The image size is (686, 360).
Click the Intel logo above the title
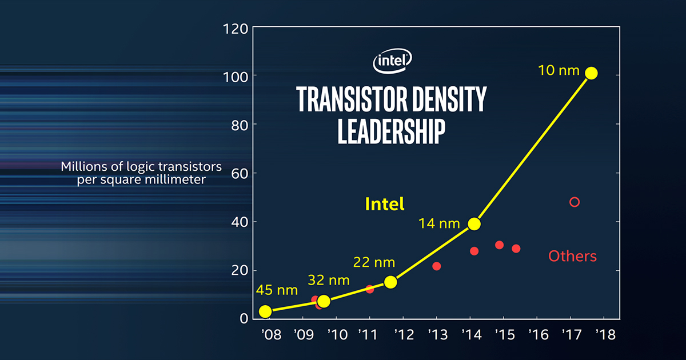[393, 62]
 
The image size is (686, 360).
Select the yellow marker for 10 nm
[592, 73]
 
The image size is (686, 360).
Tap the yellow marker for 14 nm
[474, 224]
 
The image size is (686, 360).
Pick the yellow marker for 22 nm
[390, 282]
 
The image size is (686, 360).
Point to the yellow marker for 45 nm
[265, 311]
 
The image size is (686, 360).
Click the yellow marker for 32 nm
[324, 301]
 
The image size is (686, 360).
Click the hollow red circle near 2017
[575, 202]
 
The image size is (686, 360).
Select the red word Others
[572, 256]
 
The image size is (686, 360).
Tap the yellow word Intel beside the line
[385, 204]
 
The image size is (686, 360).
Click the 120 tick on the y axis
[235, 28]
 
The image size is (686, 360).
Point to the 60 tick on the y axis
[239, 173]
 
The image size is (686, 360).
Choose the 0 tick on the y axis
[244, 318]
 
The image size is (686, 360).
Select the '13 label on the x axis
[437, 334]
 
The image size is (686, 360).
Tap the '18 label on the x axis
[604, 334]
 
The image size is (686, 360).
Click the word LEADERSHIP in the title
[392, 131]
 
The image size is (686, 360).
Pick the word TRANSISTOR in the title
[348, 99]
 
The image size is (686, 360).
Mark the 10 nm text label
[559, 71]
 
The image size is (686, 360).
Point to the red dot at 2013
[437, 266]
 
